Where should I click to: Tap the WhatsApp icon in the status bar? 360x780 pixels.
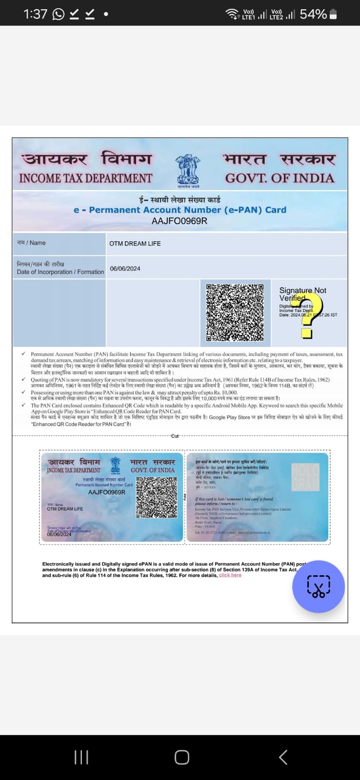point(58,14)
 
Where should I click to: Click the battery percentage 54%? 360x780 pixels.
point(313,14)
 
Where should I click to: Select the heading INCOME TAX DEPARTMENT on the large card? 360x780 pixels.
point(86,178)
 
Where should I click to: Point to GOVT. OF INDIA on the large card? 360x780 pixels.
point(280,178)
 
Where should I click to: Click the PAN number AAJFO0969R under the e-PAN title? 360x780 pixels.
point(180,221)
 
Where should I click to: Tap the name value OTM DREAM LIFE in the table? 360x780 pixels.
point(135,243)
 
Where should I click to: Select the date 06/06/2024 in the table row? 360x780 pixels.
point(125,269)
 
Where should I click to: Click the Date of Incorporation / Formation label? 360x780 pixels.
point(60,272)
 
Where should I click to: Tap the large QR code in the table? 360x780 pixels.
point(235,312)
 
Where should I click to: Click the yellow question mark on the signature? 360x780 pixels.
point(311,317)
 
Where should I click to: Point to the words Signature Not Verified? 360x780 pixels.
point(302,294)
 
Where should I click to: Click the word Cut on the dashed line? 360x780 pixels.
point(175,436)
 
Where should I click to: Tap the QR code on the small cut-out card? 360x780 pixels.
point(156,497)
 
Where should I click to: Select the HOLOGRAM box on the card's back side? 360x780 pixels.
point(305,477)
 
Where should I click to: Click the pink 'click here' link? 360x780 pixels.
point(230,575)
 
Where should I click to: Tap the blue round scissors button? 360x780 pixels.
point(318,586)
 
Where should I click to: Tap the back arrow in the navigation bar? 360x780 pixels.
point(283,757)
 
